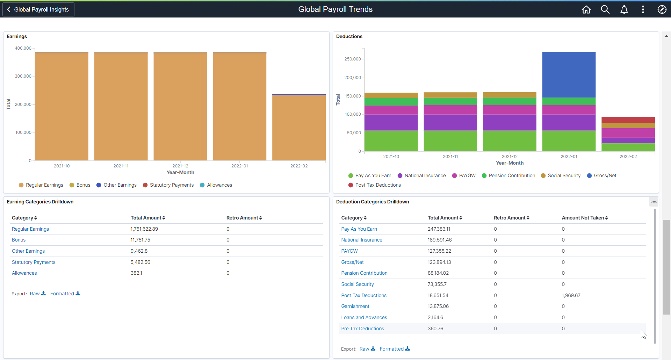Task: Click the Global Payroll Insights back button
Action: point(38,9)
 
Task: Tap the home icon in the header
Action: point(586,9)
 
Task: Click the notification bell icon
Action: point(624,9)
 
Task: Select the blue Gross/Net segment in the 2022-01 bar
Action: point(569,74)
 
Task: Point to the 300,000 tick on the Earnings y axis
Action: point(23,76)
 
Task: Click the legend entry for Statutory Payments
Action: point(168,185)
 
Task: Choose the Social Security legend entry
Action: point(561,175)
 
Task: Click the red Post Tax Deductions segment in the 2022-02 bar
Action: point(628,120)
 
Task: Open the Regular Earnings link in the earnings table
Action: point(30,229)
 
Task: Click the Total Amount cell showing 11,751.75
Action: point(140,240)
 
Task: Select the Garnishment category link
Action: point(355,306)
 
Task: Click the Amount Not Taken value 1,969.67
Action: point(571,295)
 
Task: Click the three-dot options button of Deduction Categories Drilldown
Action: point(654,202)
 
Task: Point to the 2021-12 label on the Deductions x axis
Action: point(510,157)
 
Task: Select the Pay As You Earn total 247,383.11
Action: point(439,229)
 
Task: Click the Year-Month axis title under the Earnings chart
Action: point(180,172)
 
